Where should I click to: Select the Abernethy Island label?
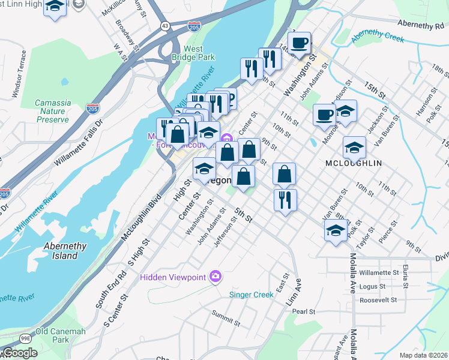tap(65, 251)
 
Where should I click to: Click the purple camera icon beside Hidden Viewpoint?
tap(215, 277)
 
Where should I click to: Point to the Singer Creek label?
tap(252, 295)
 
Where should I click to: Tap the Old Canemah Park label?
tap(60, 335)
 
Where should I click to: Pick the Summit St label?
tap(226, 318)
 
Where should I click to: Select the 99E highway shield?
tap(25, 338)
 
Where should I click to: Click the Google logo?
tap(19, 353)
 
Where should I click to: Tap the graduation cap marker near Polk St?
tap(335, 230)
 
